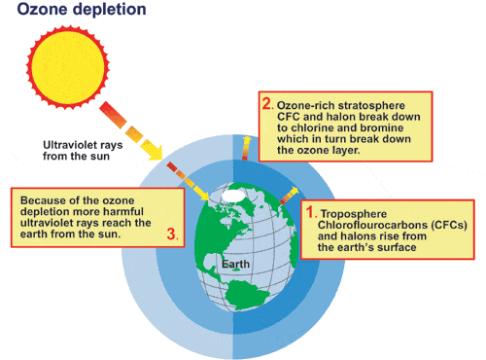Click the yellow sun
point(68,68)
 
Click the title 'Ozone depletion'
point(82,9)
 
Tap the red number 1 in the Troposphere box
point(310,212)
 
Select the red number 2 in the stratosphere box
point(267,104)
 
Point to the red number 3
point(172,234)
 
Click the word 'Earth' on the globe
point(235,264)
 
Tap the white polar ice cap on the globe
point(232,196)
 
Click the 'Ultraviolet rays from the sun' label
point(83,151)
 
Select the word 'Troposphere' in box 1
point(354,214)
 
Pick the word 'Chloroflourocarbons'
point(372,225)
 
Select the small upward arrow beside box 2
point(246,148)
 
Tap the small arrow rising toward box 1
point(289,196)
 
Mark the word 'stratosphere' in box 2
point(372,106)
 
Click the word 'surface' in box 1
point(397,247)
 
